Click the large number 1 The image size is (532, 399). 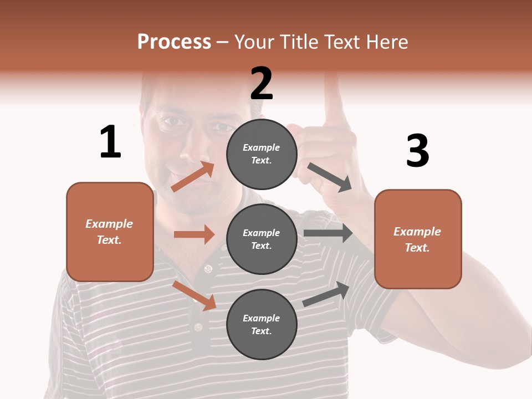point(110,142)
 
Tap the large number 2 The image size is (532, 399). point(262,83)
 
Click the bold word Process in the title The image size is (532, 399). point(174,42)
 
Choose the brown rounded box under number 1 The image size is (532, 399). point(110,232)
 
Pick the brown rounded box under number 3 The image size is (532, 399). point(418,239)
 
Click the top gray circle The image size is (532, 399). point(262,154)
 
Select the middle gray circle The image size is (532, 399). point(262,239)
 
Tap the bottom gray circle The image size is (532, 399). point(262,324)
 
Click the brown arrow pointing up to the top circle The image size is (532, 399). point(193,177)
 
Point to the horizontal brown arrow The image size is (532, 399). point(194,234)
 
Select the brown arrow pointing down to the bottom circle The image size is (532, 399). point(195,295)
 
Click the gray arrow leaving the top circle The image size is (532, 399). point(330,177)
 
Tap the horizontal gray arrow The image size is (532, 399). point(328,233)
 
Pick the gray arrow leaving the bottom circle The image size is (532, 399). point(326,294)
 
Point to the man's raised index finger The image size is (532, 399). point(334,97)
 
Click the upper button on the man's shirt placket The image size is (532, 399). point(208,269)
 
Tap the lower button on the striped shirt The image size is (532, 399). point(198,327)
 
